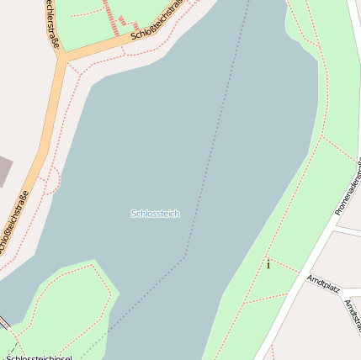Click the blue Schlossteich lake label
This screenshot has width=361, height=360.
tap(155, 214)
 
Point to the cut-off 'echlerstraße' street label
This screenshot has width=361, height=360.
tap(51, 25)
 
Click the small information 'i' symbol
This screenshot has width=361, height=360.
tap(268, 265)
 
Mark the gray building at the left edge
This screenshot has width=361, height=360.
tap(4, 171)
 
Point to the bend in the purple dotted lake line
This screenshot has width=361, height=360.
tap(185, 257)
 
